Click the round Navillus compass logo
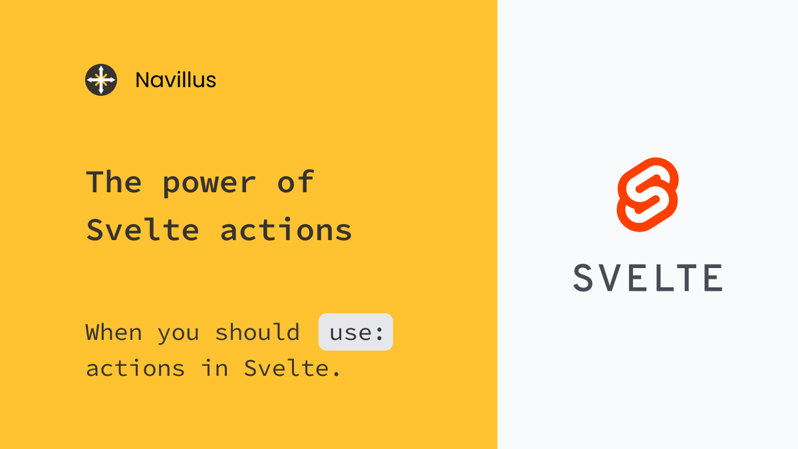pyautogui.click(x=101, y=80)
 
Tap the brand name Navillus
pyautogui.click(x=176, y=80)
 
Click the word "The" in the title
pyautogui.click(x=114, y=182)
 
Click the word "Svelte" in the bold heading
pyautogui.click(x=143, y=230)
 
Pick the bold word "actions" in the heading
pyautogui.click(x=286, y=230)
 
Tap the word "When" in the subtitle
pyautogui.click(x=114, y=332)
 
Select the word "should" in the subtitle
pyautogui.click(x=257, y=332)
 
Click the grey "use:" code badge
pyautogui.click(x=356, y=332)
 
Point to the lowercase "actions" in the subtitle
pyautogui.click(x=136, y=369)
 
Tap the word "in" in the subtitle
pyautogui.click(x=215, y=369)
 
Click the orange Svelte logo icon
pyautogui.click(x=648, y=194)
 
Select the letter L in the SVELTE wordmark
pyautogui.click(x=676, y=277)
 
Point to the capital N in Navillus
pyautogui.click(x=142, y=80)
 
